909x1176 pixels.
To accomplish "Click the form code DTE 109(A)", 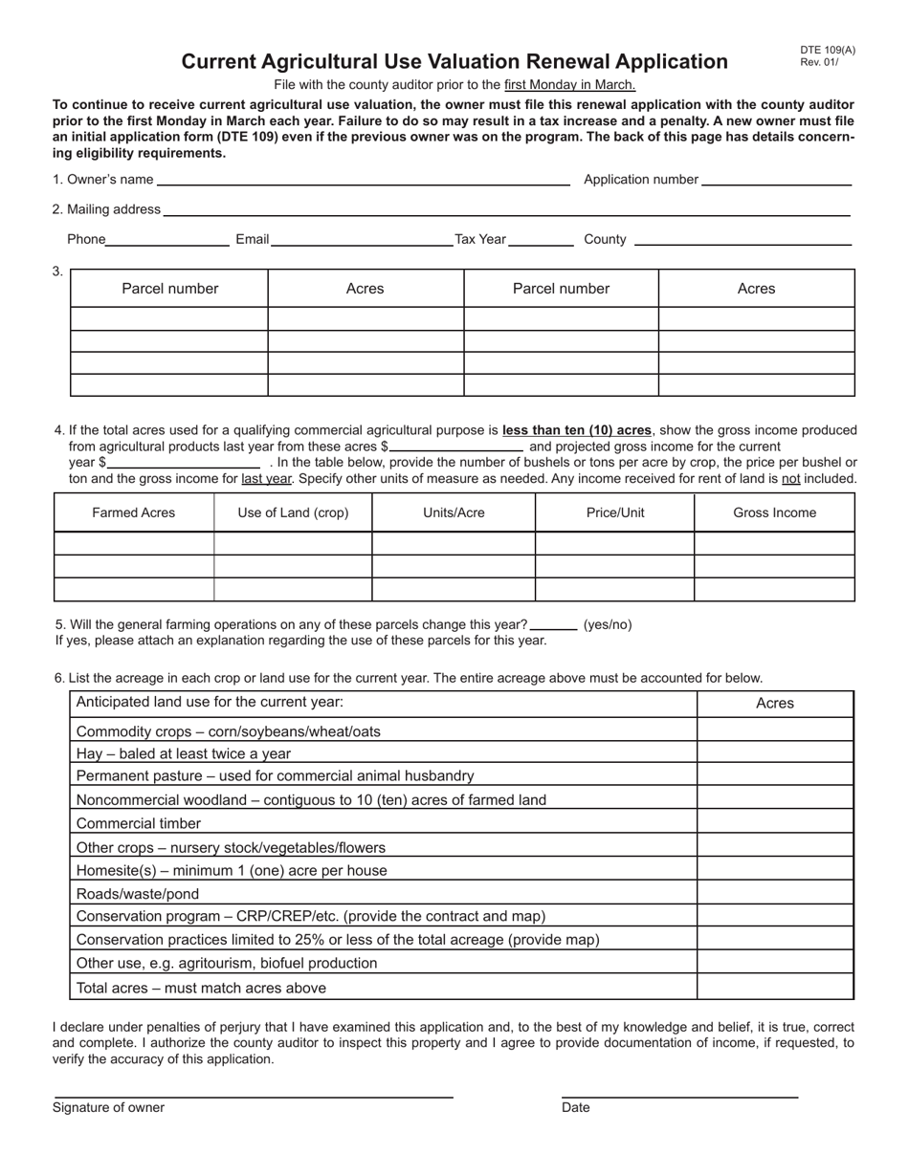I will pos(828,51).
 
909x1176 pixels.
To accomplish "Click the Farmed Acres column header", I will pos(134,512).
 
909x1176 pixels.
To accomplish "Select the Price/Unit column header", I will pos(615,512).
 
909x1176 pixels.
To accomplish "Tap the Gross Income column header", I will pos(774,512).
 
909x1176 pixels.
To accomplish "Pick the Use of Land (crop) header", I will pos(293,512).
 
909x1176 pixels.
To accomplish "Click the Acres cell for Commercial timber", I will pos(775,823).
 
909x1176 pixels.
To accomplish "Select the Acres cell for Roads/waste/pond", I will pos(775,893).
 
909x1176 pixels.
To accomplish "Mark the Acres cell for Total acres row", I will pos(775,988).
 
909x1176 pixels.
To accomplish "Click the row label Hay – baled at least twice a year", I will pos(184,753).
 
